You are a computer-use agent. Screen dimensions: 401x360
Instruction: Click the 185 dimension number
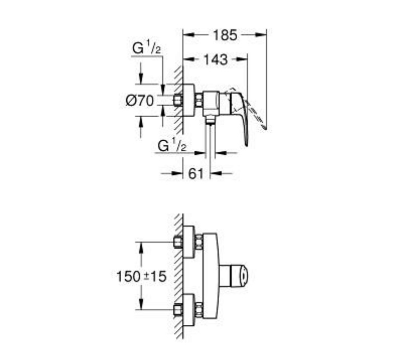tap(225, 35)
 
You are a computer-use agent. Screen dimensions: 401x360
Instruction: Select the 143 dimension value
tap(215, 59)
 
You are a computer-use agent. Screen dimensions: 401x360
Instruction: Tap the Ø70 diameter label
tap(140, 101)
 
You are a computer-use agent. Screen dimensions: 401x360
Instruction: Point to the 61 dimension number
tap(196, 174)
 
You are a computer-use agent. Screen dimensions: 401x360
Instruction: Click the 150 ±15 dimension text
tap(141, 277)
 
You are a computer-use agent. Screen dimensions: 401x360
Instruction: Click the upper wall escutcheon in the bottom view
tap(189, 242)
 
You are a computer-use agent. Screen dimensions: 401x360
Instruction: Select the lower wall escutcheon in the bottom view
tap(189, 310)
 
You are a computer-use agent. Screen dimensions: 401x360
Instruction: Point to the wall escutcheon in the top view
tap(189, 100)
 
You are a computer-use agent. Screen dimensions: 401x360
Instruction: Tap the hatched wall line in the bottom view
tap(180, 277)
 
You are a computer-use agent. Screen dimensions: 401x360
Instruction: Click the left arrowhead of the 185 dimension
tap(189, 35)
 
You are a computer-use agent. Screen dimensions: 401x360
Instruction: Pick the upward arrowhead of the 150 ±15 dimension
tap(141, 247)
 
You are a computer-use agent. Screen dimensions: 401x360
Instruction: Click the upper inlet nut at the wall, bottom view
tap(178, 242)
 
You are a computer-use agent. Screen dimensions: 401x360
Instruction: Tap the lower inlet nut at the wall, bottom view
tap(178, 310)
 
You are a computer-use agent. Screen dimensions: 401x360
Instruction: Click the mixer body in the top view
tap(211, 103)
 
